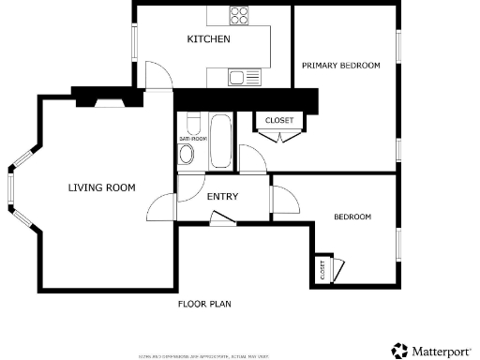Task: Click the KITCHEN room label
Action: point(208,39)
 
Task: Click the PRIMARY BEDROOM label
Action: point(340,65)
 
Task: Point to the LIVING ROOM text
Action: point(101,188)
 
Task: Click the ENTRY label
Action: point(222,197)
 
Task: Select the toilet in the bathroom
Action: point(193,125)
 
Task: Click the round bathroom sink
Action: point(187,155)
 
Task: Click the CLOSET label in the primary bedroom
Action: point(278,121)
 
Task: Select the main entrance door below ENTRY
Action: point(222,218)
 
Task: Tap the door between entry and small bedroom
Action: point(282,199)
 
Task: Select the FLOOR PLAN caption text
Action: point(204,305)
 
